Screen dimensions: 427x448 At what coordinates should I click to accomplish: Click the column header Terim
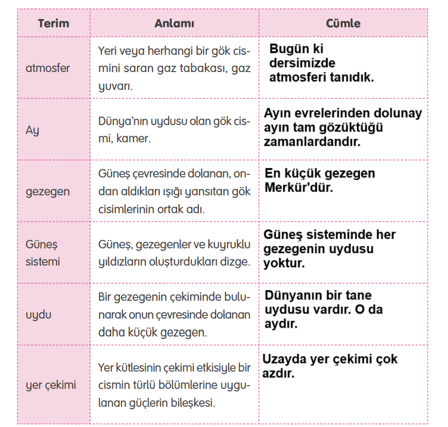click(54, 24)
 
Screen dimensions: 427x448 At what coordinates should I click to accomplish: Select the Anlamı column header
click(175, 24)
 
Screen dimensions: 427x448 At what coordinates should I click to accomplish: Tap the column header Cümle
click(343, 24)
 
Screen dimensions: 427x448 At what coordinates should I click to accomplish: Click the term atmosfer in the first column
click(48, 68)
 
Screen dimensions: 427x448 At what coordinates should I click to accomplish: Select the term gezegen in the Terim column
click(48, 191)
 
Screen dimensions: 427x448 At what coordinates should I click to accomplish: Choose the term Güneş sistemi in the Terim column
click(43, 253)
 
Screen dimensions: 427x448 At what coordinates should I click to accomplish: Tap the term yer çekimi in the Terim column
click(51, 385)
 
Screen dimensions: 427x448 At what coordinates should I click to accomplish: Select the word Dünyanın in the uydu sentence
click(293, 295)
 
